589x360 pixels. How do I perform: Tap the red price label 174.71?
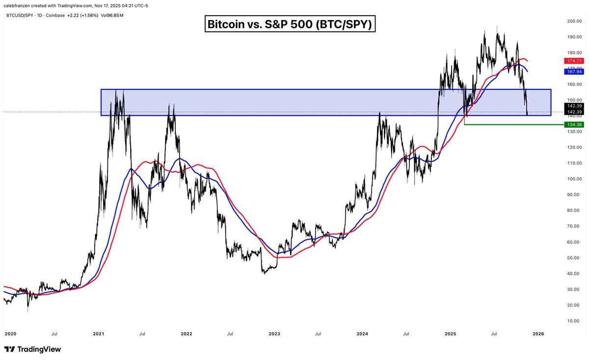coord(573,60)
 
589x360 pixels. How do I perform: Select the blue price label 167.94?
coord(573,71)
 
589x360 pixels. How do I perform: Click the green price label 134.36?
coord(573,125)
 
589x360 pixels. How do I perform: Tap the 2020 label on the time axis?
coord(11,334)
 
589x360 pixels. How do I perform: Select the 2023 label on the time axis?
coord(274,334)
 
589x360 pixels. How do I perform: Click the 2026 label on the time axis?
coord(538,334)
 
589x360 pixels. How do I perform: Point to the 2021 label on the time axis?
coord(98,334)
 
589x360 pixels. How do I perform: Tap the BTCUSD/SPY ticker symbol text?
coord(23,15)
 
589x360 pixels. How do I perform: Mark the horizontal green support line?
coord(510,125)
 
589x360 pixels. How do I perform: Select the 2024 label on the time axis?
coord(362,334)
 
